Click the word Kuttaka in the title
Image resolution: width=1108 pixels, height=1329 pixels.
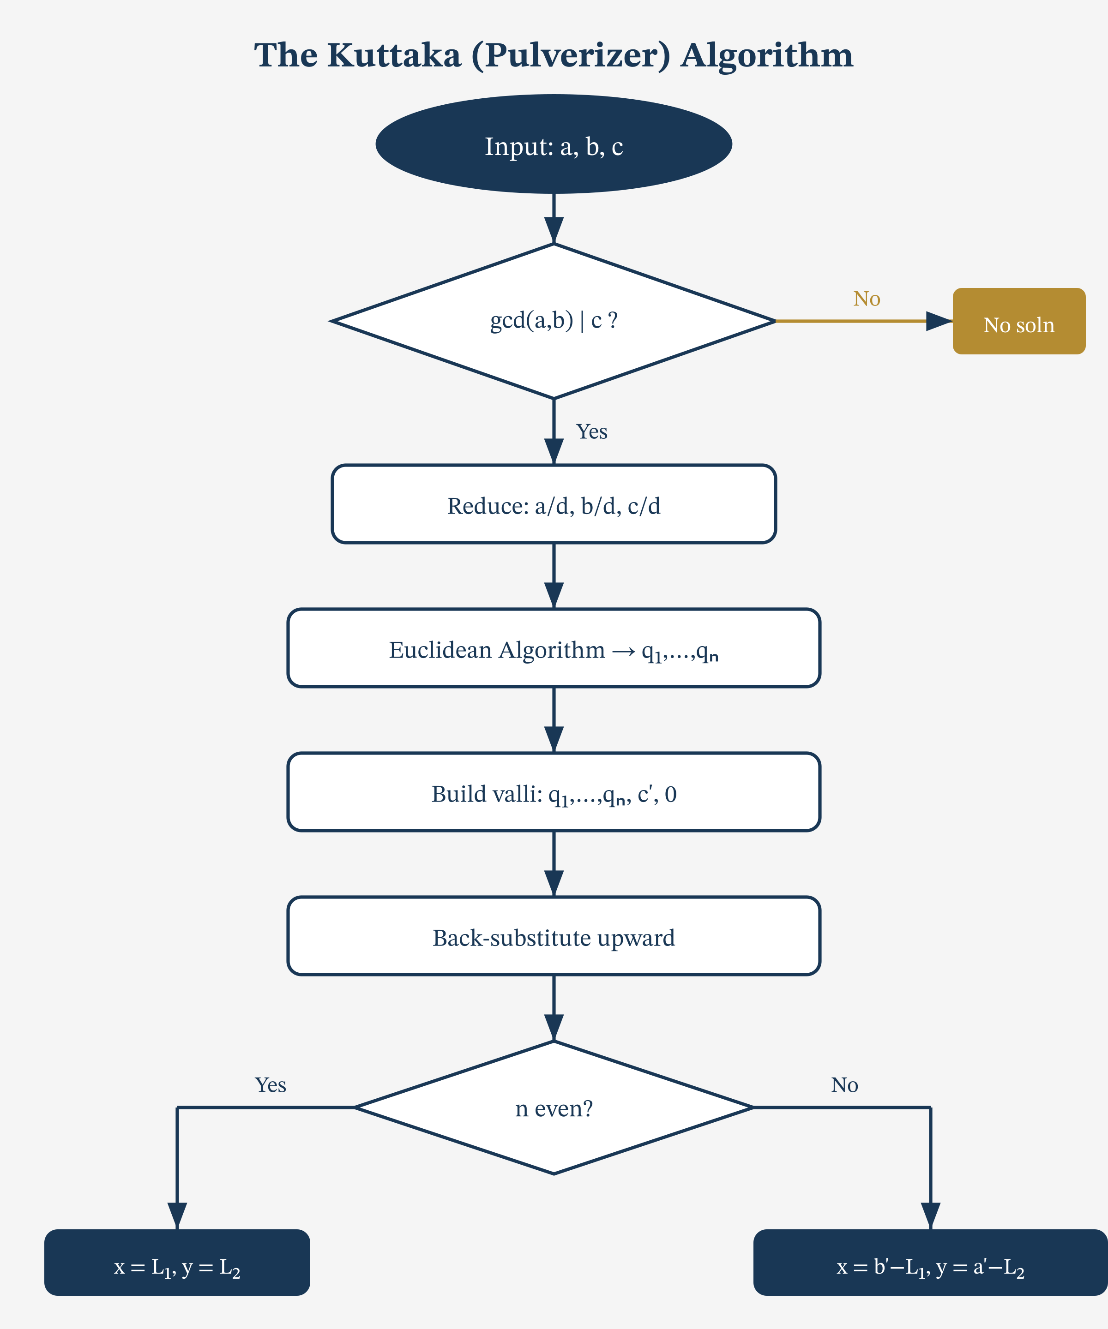[x=394, y=56]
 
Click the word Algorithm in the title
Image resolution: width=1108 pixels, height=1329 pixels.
[x=767, y=56]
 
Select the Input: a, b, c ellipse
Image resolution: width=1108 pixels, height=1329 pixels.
[x=554, y=144]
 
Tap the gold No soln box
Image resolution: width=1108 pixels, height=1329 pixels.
[x=1019, y=322]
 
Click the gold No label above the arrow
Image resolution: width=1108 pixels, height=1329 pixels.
[x=866, y=299]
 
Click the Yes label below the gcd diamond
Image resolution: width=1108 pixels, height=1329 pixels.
[x=591, y=431]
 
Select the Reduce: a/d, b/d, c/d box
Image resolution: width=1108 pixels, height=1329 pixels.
[x=554, y=504]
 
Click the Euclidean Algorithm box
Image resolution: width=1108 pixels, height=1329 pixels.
[x=554, y=648]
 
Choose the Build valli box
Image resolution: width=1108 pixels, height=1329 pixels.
[x=554, y=792]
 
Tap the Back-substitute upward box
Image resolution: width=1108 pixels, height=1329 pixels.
[x=554, y=936]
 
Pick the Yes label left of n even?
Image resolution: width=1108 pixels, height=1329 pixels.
[x=271, y=1085]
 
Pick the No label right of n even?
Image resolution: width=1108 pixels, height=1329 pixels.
[x=844, y=1085]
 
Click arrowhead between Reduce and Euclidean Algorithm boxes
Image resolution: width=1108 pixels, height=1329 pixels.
[x=554, y=595]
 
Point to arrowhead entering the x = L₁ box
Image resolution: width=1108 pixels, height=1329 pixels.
[x=177, y=1215]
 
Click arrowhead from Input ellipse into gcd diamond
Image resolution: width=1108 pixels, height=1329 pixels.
[x=554, y=230]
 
